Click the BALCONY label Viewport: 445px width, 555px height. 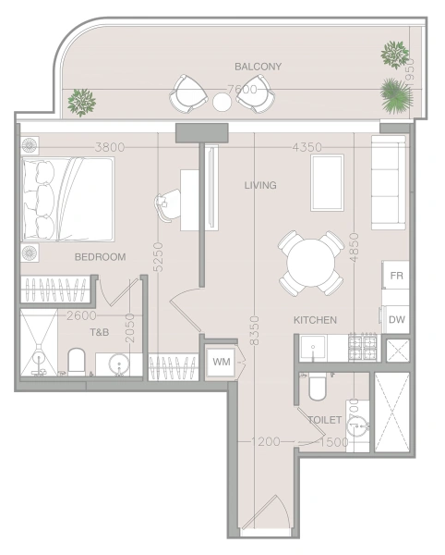(258, 67)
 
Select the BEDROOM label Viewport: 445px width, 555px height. (100, 257)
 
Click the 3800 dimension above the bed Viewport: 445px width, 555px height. (109, 146)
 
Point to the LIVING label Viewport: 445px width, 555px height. (260, 186)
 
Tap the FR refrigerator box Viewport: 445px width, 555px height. (397, 277)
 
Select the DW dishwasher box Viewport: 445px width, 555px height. (396, 320)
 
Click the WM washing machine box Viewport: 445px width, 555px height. (222, 361)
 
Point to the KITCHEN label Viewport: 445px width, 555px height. (315, 320)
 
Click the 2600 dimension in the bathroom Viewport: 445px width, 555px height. (82, 314)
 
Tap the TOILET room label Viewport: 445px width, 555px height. (325, 419)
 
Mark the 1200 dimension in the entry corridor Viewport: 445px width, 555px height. (266, 442)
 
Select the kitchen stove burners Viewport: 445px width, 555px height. (363, 348)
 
